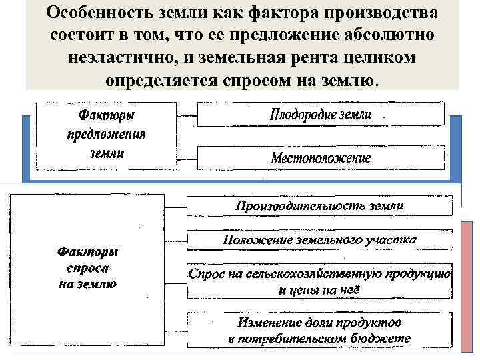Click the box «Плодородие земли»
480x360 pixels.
click(x=321, y=114)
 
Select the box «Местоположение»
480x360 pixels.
click(x=321, y=159)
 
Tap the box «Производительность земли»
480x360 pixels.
click(x=319, y=205)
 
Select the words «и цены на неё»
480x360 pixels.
click(x=319, y=290)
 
